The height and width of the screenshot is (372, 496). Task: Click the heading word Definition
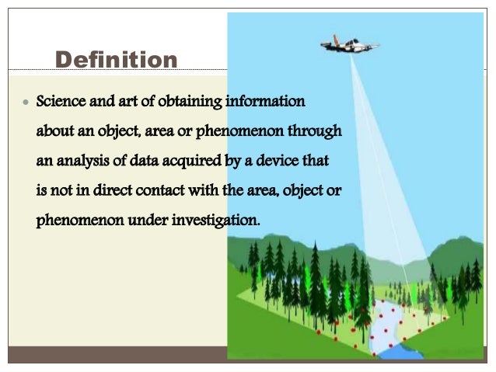[117, 59]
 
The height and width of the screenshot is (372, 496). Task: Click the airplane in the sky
[350, 44]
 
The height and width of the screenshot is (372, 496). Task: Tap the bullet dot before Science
[26, 103]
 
